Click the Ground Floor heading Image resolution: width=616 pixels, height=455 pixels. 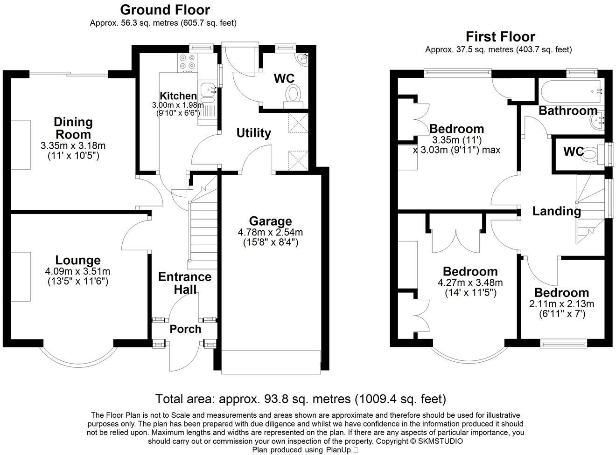(165, 10)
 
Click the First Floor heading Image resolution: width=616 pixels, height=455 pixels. (500, 37)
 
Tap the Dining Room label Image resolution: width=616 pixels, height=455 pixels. (73, 128)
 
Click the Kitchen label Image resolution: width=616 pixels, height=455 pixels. (178, 96)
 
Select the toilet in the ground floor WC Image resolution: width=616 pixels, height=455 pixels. (293, 94)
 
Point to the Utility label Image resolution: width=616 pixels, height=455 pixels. (253, 133)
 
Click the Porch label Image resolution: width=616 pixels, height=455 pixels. (185, 329)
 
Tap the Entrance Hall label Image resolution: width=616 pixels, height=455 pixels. (185, 283)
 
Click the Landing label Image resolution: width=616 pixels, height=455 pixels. (556, 211)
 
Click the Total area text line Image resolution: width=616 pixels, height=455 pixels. (301, 399)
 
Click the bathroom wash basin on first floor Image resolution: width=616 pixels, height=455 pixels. (596, 121)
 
